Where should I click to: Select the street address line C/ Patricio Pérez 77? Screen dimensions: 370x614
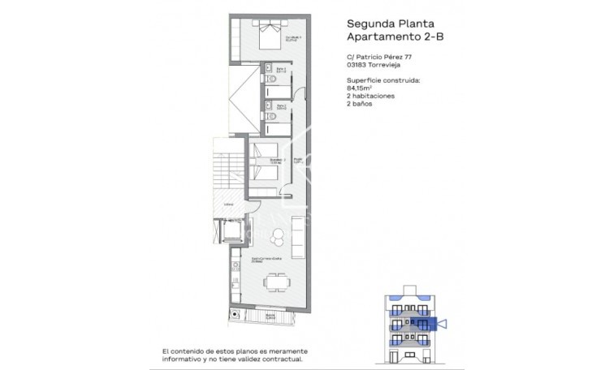pos(381,57)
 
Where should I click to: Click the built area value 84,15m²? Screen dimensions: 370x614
pos(359,90)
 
